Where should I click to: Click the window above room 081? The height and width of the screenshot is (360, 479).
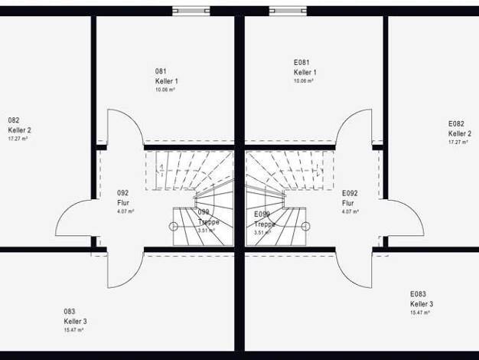coord(191,11)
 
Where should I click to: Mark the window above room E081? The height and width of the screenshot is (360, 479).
coord(288,11)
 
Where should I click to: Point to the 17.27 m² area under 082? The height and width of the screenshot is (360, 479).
coord(18,139)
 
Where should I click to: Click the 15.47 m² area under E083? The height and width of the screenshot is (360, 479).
coord(419,313)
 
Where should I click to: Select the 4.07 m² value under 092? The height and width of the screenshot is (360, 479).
coord(125,211)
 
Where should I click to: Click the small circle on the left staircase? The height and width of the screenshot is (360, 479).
coord(174,225)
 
